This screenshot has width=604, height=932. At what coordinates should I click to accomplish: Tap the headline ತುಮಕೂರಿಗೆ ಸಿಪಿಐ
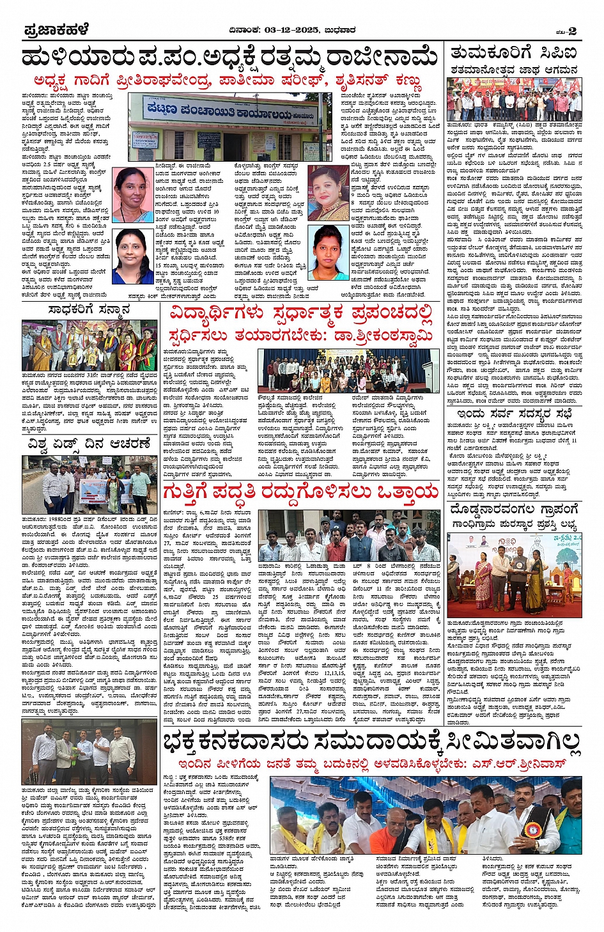pos(513,52)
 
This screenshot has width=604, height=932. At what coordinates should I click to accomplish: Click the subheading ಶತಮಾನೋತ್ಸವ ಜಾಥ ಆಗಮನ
pos(513,69)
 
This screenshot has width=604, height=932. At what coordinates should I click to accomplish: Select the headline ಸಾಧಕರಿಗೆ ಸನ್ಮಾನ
pos(89,310)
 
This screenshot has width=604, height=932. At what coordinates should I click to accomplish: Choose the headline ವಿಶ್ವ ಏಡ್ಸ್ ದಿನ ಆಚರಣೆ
pos(89,443)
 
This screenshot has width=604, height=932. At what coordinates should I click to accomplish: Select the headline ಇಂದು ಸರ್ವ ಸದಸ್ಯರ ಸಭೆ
pos(514,414)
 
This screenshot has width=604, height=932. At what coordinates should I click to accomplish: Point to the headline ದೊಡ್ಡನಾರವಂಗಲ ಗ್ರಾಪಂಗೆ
pos(514,509)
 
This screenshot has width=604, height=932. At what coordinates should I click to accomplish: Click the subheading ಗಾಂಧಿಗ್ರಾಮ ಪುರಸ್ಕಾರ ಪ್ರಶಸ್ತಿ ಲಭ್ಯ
pos(514,525)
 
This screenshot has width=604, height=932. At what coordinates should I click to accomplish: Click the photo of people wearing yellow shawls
pos(426,816)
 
